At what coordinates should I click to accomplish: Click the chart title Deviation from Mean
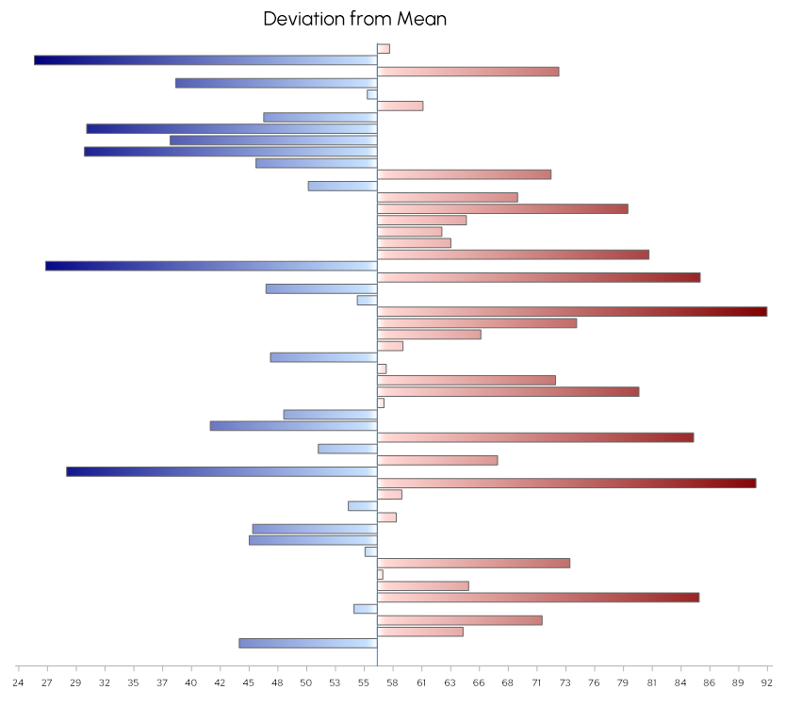pos(354,19)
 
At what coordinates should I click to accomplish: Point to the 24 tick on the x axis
pos(18,681)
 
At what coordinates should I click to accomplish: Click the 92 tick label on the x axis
pos(767,681)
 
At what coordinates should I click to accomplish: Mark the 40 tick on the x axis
pos(191,681)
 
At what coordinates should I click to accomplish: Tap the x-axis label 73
pos(565,681)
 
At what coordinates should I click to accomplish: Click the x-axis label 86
pos(710,681)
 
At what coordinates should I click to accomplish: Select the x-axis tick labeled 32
pos(105,681)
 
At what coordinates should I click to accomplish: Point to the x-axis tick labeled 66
pos(479,681)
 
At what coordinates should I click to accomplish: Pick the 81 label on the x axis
pos(652,681)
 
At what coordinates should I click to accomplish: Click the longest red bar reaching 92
pos(571,311)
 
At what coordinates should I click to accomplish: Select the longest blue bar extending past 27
pos(205,60)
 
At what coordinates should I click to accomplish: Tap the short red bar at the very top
pos(384,49)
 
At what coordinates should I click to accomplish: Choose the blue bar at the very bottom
pos(308,643)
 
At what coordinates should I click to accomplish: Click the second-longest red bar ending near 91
pos(565,483)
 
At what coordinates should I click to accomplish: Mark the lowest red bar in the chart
pos(419,632)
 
